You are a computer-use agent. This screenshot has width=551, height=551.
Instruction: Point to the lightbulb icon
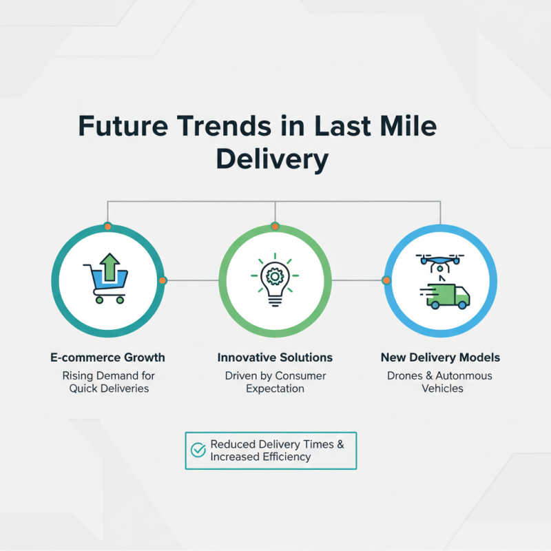tap(275, 282)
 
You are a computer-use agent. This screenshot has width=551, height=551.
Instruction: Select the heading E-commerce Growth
tap(107, 357)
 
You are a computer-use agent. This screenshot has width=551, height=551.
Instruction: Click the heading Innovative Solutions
tap(275, 357)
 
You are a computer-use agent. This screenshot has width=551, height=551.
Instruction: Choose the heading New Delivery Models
tap(440, 357)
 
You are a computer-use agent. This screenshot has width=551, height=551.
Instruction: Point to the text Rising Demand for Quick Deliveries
tap(108, 382)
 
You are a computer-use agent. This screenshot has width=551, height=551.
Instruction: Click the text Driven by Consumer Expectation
tap(275, 382)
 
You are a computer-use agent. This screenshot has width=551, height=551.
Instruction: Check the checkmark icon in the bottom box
tap(198, 450)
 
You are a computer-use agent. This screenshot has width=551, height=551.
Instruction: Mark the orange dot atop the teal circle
tap(107, 227)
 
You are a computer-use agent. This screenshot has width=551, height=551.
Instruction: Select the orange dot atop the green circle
tap(275, 227)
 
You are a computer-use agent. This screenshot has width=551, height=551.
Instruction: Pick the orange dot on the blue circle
tap(386, 280)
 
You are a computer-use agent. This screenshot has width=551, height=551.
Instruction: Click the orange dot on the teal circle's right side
tap(163, 280)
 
